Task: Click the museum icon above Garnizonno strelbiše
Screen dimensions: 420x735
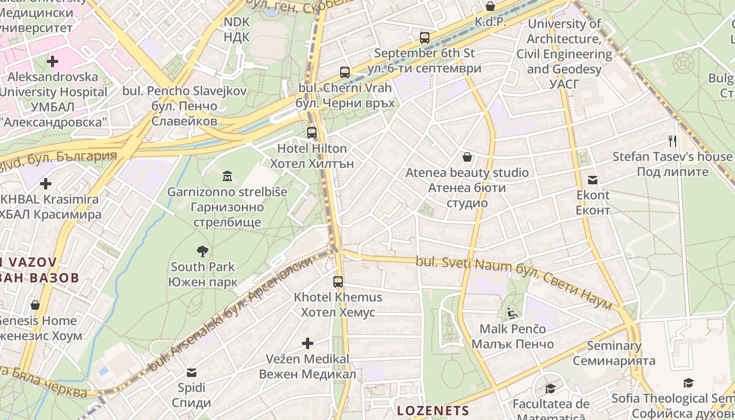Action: (227, 175)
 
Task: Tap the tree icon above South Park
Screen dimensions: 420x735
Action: (202, 251)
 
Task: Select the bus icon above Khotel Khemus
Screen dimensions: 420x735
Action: (338, 281)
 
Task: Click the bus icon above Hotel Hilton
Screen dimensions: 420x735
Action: (312, 132)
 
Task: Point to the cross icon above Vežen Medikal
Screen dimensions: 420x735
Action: (308, 343)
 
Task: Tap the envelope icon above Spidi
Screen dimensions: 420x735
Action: (192, 373)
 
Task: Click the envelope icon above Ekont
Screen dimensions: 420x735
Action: (593, 180)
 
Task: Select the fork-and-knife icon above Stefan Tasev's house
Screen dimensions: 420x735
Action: (672, 141)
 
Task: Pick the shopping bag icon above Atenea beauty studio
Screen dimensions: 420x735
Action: (467, 157)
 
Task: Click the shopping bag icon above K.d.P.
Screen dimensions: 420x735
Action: (490, 6)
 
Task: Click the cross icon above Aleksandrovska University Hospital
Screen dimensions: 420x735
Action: (52, 61)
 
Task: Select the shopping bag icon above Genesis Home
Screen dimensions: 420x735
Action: (35, 305)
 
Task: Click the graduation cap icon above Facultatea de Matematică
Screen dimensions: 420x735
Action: (551, 389)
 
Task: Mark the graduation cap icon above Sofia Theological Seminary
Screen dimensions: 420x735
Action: (688, 383)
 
